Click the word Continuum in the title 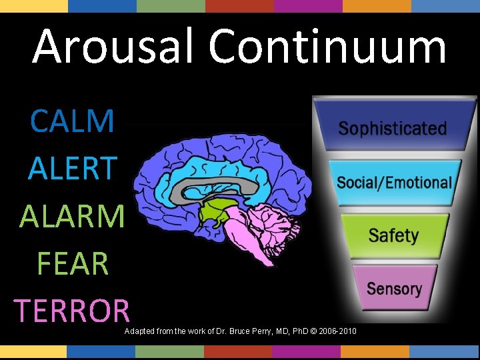(327, 47)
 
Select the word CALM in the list (73, 121)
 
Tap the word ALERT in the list (73, 169)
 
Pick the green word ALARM (73, 216)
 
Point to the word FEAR (73, 263)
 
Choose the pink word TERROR (73, 310)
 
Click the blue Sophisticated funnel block (393, 127)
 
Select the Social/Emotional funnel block (393, 182)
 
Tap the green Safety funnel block (393, 235)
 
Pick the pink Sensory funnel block (394, 289)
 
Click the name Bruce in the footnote (235, 331)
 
